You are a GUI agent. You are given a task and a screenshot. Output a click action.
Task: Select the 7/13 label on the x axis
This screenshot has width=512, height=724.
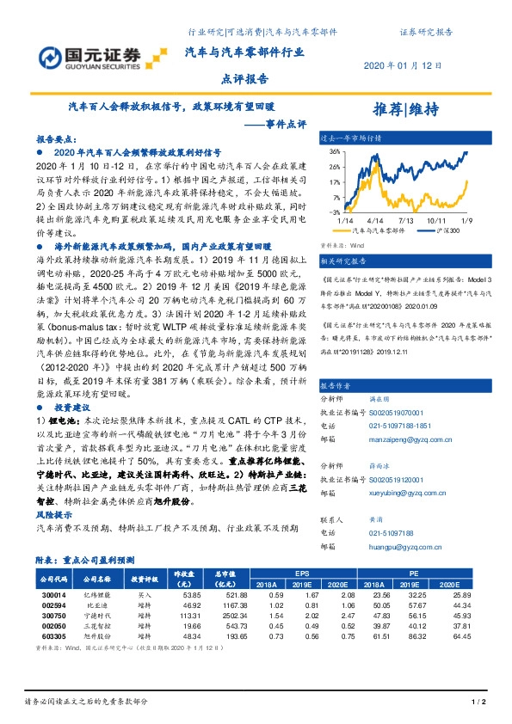(x=408, y=220)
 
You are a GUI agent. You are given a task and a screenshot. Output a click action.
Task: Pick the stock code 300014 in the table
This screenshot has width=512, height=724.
(x=56, y=594)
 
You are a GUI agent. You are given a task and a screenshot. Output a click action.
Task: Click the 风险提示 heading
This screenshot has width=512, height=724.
(x=54, y=514)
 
